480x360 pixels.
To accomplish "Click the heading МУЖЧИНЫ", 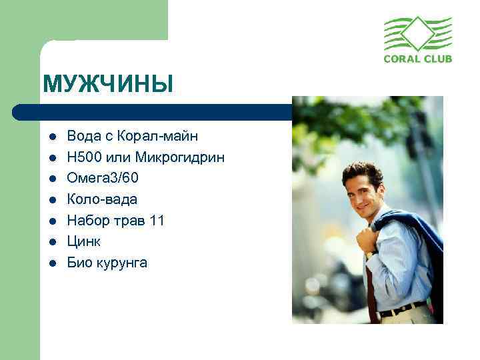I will [x=107, y=85].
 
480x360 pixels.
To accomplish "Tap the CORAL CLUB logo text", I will [x=418, y=59].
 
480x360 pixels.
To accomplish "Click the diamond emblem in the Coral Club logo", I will [x=417, y=33].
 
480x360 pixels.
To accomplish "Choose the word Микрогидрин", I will [x=180, y=157].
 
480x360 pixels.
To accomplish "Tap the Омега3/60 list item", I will [x=103, y=178].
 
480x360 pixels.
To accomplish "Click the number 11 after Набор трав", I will [x=157, y=221].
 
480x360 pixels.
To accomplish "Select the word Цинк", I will [x=85, y=241].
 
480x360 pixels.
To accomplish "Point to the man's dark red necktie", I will [x=370, y=287].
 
